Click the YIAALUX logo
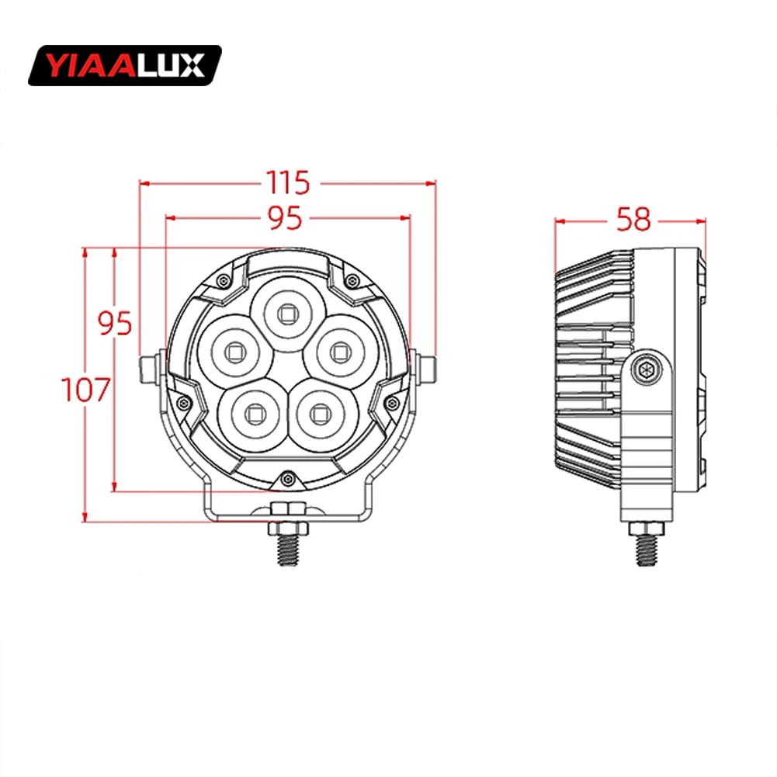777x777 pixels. (124, 65)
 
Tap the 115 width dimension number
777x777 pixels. (288, 183)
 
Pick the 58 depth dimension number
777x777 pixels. (632, 220)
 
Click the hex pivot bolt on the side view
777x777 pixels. (645, 369)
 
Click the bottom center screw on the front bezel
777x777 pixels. (288, 479)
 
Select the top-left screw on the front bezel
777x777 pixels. (224, 279)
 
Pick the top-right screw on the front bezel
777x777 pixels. (350, 279)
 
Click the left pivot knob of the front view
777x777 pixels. (149, 367)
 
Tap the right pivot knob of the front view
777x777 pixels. (425, 367)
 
